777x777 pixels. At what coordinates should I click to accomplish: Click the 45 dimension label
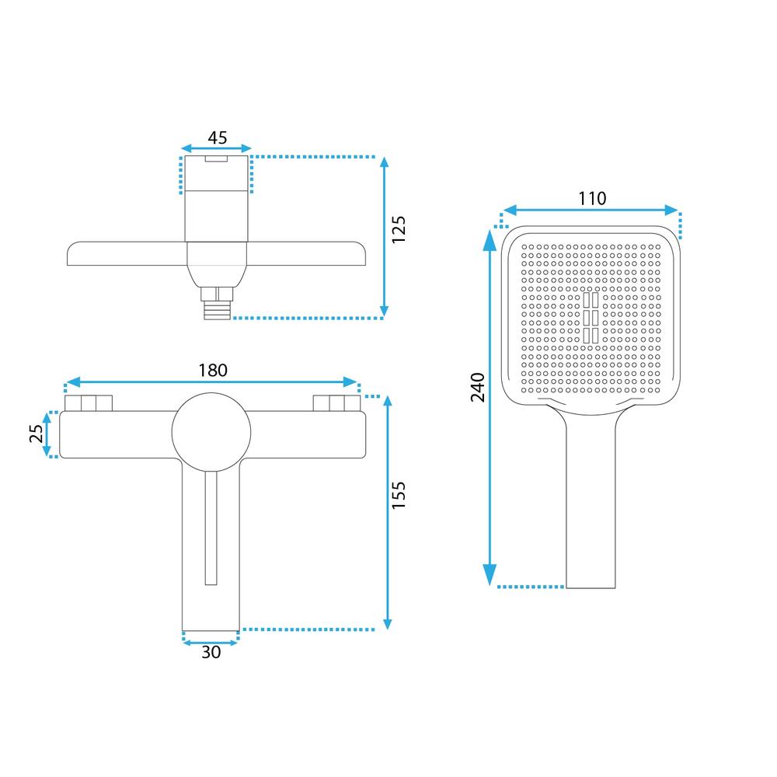tap(217, 138)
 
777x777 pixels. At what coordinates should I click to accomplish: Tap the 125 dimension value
tap(399, 229)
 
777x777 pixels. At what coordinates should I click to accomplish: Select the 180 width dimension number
tap(213, 370)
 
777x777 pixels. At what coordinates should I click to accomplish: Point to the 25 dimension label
tap(37, 434)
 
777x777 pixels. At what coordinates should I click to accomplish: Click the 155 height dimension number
tap(399, 494)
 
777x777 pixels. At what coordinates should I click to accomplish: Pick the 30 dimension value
tap(211, 652)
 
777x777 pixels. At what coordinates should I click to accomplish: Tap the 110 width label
tap(592, 199)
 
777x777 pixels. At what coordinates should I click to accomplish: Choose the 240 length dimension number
tap(478, 388)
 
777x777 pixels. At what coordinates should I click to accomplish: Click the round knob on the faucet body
tap(211, 433)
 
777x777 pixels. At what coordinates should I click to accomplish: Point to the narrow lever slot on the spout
tap(211, 528)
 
